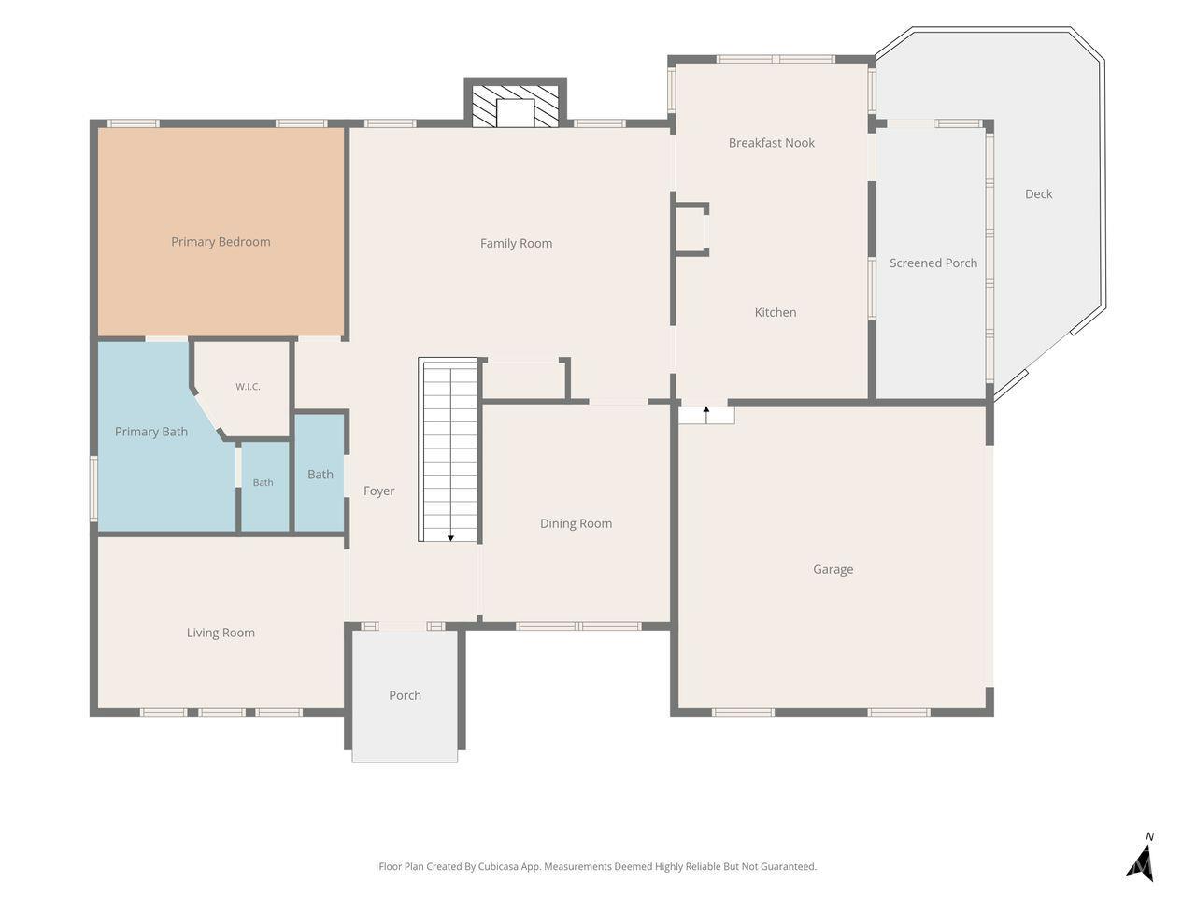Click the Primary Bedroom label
pyautogui.click(x=221, y=242)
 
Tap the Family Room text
pyautogui.click(x=516, y=244)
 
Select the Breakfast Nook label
pyautogui.click(x=772, y=143)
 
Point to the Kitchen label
pyautogui.click(x=776, y=312)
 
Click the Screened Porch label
pyautogui.click(x=933, y=263)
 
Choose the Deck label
pyautogui.click(x=1038, y=194)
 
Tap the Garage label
pyautogui.click(x=833, y=569)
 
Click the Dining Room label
pyautogui.click(x=576, y=523)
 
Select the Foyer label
pyautogui.click(x=378, y=491)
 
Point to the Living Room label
pyautogui.click(x=221, y=633)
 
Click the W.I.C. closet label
pyautogui.click(x=248, y=387)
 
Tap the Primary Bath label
pyautogui.click(x=151, y=432)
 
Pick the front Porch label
pyautogui.click(x=405, y=695)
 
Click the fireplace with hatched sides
pyautogui.click(x=515, y=106)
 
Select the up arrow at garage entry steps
pyautogui.click(x=706, y=415)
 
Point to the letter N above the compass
pyautogui.click(x=1149, y=836)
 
